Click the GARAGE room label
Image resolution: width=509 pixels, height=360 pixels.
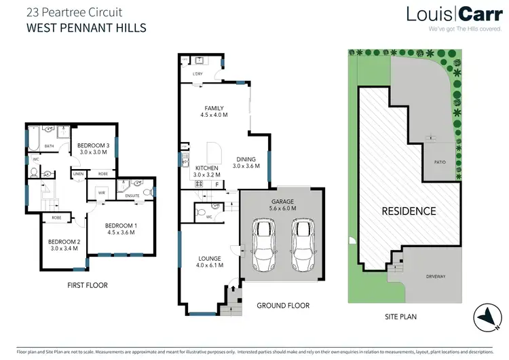[282, 202]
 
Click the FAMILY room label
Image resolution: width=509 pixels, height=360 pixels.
[214, 109]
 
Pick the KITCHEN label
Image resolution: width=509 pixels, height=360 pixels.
[206, 168]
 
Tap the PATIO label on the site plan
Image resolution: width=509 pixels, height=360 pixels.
[439, 162]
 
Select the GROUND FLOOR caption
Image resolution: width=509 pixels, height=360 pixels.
[283, 306]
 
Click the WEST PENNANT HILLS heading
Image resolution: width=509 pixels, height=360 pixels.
[86, 28]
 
